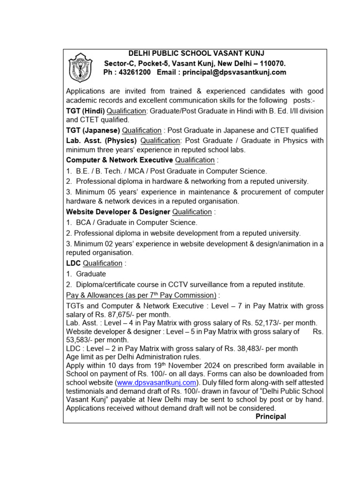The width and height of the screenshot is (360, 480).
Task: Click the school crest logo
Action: click(x=83, y=67)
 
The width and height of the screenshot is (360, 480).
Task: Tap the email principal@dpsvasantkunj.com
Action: click(x=234, y=73)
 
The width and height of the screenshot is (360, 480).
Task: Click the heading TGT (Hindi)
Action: click(x=85, y=111)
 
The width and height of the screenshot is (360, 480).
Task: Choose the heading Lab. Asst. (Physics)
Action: click(x=101, y=141)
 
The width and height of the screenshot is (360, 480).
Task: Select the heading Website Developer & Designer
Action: click(x=115, y=212)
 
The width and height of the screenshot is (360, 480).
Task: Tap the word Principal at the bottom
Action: click(x=270, y=416)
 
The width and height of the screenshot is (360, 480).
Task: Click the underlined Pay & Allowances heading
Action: click(x=142, y=295)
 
